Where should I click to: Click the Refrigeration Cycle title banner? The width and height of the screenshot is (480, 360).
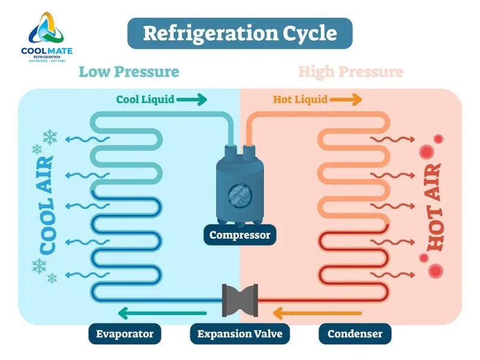tap(240, 33)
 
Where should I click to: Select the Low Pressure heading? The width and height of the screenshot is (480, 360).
tap(129, 72)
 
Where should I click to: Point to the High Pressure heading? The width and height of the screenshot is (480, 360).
tap(351, 72)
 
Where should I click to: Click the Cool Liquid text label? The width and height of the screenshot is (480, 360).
tap(145, 99)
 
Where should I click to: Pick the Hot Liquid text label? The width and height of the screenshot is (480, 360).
tap(300, 99)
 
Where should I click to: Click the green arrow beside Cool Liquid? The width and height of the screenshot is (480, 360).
tap(192, 99)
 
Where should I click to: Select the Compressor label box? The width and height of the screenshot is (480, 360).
tap(240, 235)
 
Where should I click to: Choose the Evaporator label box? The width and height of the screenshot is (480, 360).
tap(125, 334)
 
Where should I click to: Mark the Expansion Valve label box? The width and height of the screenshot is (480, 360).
tap(240, 334)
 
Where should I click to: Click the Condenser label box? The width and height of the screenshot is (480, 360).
tap(355, 334)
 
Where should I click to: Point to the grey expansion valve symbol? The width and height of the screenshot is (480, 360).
tap(240, 300)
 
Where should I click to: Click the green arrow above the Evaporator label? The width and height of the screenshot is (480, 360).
tap(162, 313)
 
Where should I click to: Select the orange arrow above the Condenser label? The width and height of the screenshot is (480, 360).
tap(317, 313)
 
